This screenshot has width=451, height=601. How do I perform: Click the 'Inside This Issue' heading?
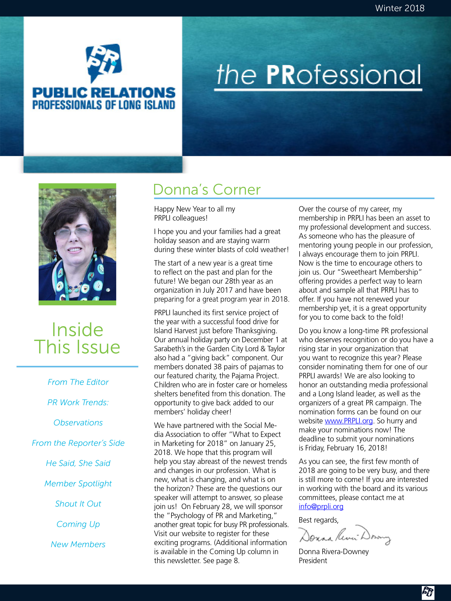77,338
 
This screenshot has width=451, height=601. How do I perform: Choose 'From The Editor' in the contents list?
78,382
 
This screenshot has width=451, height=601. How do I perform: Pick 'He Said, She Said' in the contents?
78,463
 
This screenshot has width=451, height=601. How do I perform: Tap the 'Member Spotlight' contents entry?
78,484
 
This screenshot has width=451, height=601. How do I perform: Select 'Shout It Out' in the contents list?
78,504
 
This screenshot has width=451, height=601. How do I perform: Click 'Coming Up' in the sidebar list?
78,524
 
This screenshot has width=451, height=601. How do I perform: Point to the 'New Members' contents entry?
78,545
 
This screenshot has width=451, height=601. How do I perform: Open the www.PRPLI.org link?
349,421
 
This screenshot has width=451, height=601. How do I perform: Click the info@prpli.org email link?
321,507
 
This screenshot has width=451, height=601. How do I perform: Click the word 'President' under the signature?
313,560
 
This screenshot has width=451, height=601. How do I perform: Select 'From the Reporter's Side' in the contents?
78,443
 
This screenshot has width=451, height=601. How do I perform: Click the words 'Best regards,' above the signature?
318,520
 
